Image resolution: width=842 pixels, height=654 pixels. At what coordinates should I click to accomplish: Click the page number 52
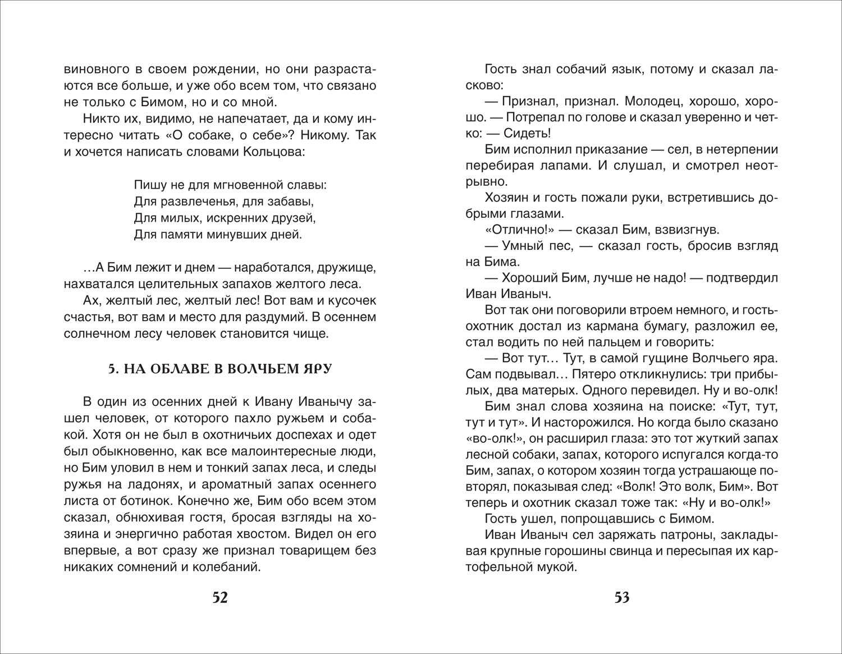[x=220, y=598]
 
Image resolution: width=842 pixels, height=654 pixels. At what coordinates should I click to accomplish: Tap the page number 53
[x=621, y=598]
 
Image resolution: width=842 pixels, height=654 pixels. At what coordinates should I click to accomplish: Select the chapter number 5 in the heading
[x=111, y=369]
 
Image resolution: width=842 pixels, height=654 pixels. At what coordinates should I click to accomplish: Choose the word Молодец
[x=640, y=102]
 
